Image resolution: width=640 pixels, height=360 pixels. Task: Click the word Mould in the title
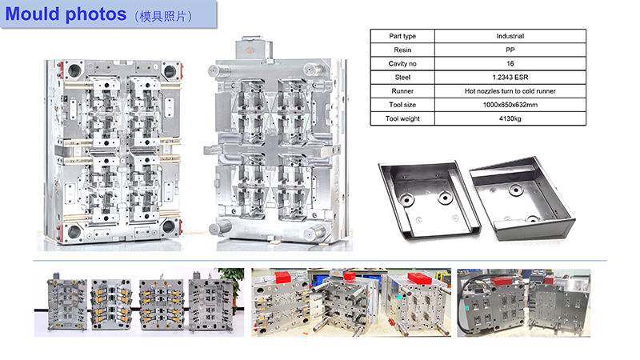[x=33, y=14]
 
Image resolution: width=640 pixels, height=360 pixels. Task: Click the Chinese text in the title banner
[x=163, y=16]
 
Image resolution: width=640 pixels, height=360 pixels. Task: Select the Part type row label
[x=402, y=36]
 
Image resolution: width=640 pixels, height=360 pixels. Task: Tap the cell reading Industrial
[x=510, y=36]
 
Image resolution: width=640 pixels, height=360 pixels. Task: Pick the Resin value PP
[x=510, y=50]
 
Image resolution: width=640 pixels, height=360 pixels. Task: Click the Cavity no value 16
[x=510, y=64]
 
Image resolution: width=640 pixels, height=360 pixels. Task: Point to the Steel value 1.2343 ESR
[x=510, y=77]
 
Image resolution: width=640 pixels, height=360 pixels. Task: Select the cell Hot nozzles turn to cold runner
[x=510, y=91]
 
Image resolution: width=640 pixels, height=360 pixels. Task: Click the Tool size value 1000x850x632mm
[x=510, y=105]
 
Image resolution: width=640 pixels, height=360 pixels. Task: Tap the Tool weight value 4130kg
[x=510, y=118]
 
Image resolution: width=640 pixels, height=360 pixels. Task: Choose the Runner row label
[x=402, y=91]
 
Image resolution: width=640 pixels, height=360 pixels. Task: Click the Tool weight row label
[x=402, y=118]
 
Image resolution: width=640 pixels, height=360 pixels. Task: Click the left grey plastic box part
[x=428, y=198]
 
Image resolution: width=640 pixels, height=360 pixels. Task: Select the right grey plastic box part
[x=522, y=198]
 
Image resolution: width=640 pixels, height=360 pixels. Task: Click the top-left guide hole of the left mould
[x=74, y=70]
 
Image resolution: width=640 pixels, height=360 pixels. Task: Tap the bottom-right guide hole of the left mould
[x=169, y=226]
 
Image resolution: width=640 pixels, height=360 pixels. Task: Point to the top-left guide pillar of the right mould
[x=215, y=70]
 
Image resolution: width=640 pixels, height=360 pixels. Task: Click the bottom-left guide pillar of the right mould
[x=219, y=228]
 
